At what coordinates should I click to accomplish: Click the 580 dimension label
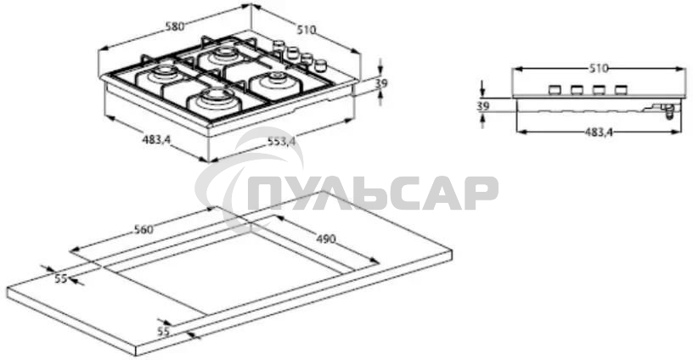pos(175,26)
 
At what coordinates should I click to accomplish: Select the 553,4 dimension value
pos(281,142)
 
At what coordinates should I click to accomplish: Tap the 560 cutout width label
pos(143,229)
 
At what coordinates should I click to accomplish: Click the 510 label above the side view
pos(599,67)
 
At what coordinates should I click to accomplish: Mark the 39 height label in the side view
pos(483,106)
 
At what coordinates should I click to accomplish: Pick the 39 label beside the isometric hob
pos(381,83)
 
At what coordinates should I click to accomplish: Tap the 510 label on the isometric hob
pos(306,30)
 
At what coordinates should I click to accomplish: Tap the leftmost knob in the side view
pos(555,89)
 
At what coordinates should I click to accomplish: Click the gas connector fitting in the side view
pos(668,110)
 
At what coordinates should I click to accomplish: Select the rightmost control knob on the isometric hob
pos(321,65)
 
